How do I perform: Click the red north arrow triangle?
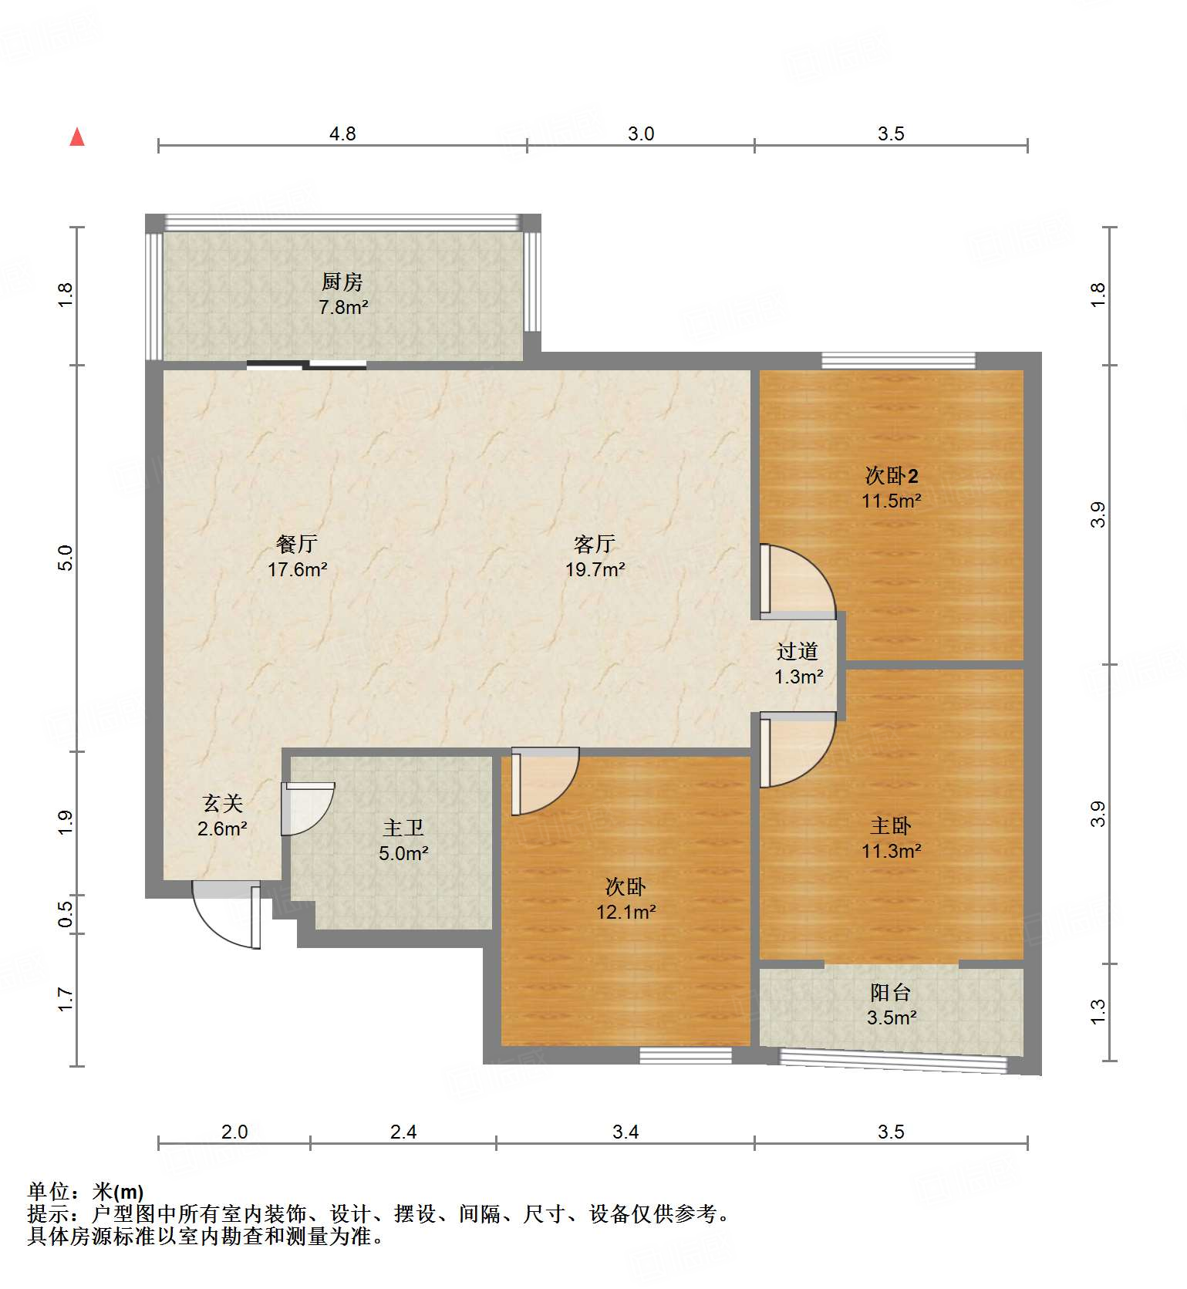coord(77,137)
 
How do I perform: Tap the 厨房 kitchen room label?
coord(342,282)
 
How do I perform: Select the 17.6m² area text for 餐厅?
coord(297,570)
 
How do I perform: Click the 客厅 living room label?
coord(595,545)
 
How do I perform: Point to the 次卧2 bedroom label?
coord(892,475)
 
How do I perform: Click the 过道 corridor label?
coord(798,652)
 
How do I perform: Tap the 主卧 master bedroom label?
coord(891,826)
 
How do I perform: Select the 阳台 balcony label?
coord(891,993)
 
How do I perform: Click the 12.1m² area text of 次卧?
coord(626,913)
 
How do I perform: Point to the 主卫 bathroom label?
coord(403,828)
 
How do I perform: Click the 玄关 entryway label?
coord(223,804)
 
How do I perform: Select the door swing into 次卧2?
coord(798,582)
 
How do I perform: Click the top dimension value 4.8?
coord(342,134)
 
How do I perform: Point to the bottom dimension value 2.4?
coord(403,1132)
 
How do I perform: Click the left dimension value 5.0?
coord(66,558)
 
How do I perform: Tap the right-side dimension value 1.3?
coord(1098,1011)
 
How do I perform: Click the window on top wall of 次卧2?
coord(898,360)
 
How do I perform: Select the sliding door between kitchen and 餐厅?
coord(306,366)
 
